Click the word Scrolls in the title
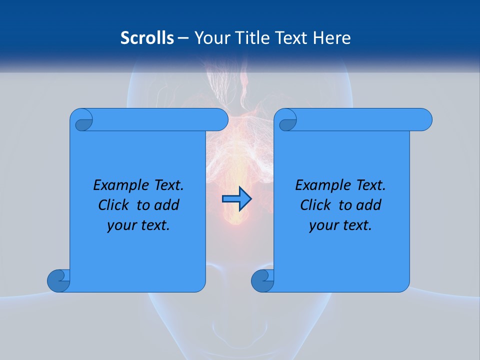click(x=147, y=38)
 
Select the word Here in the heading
click(x=332, y=38)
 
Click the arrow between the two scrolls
click(x=236, y=199)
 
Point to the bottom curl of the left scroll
click(x=58, y=280)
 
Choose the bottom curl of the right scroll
click(x=262, y=280)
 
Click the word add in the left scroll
click(x=167, y=205)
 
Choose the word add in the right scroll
click(x=369, y=205)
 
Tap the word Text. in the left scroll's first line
click(x=168, y=185)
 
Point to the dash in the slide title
click(x=183, y=38)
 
